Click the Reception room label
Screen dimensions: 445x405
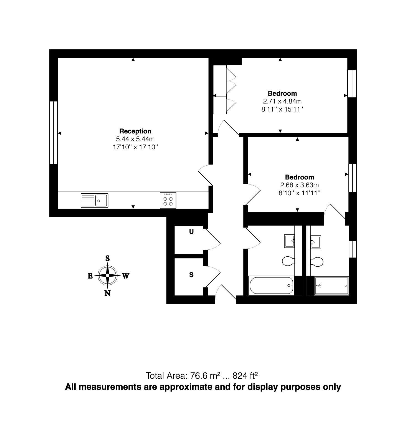coord(135,131)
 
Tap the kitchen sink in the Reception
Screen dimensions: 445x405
coord(95,200)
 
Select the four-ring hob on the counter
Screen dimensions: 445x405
coord(168,201)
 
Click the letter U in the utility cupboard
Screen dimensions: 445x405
coord(191,232)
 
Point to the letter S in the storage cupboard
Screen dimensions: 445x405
coord(191,275)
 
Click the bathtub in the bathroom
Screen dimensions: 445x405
coord(271,285)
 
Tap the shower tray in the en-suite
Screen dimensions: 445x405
coord(331,285)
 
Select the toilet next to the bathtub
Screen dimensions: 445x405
coord(288,261)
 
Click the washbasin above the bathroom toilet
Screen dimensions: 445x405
coord(289,241)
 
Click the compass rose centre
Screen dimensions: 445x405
coord(108,275)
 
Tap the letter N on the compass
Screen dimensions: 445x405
coord(107,293)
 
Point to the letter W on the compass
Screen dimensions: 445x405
coord(126,276)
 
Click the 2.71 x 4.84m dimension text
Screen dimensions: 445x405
coord(282,101)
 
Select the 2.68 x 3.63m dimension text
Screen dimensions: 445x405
coord(299,185)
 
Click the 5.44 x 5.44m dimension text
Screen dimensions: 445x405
coord(135,139)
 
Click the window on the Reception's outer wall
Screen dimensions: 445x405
coord(54,133)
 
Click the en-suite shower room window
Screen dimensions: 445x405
coord(353,249)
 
